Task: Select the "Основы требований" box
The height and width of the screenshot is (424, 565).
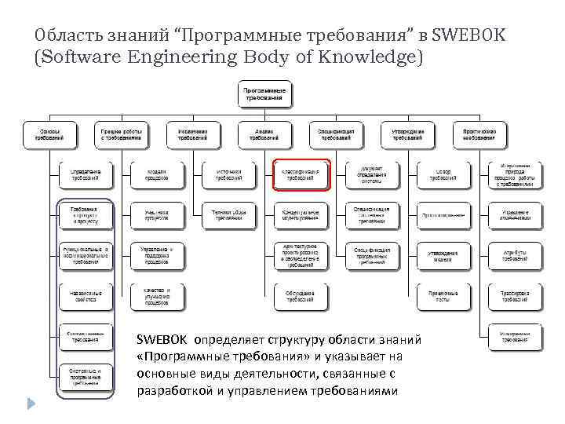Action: click(49, 135)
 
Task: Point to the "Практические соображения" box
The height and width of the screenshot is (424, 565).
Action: click(479, 135)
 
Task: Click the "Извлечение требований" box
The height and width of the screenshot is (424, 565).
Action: click(192, 135)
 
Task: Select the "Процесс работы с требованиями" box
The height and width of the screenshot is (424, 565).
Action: click(121, 135)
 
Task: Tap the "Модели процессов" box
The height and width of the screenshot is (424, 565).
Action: click(156, 174)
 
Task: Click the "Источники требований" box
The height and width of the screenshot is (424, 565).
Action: click(228, 174)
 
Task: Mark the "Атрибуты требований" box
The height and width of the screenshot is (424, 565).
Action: click(514, 256)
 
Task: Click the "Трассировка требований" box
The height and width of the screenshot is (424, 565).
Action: click(514, 297)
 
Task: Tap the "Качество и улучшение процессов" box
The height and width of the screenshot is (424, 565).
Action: click(156, 295)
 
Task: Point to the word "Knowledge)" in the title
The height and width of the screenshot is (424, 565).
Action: click(370, 57)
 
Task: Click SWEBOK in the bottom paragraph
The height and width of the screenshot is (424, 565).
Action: click(162, 340)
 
